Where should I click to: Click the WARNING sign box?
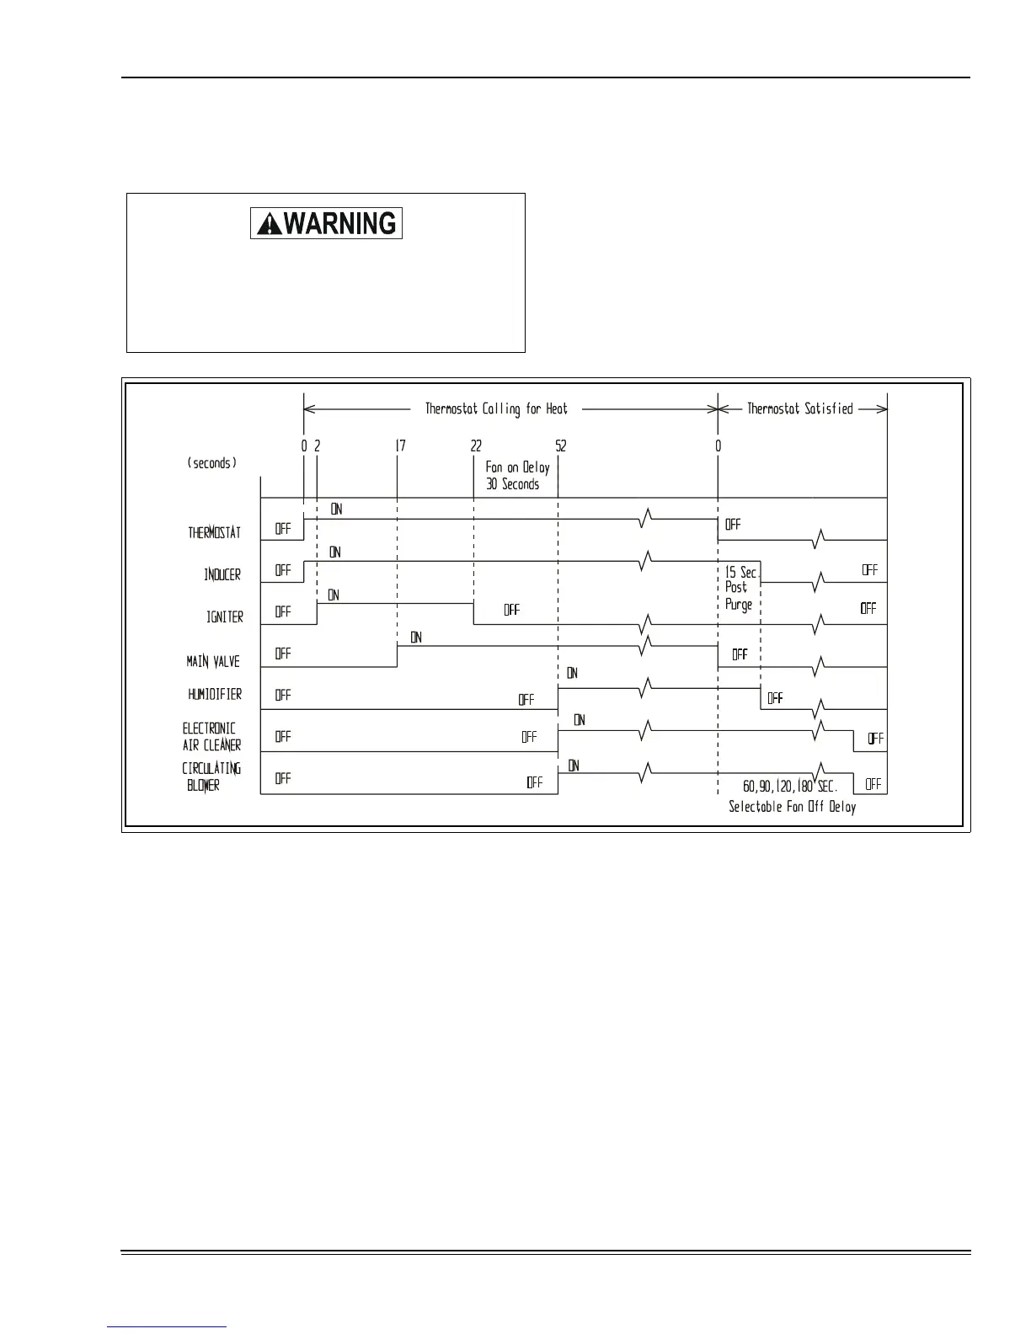[326, 223]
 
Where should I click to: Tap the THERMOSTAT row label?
[214, 532]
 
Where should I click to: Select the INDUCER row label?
[222, 574]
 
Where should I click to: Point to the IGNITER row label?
[225, 616]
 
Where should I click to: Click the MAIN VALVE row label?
[213, 661]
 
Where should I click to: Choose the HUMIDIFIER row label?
[215, 694]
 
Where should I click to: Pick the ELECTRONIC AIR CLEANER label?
[211, 736]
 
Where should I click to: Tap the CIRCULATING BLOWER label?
[211, 776]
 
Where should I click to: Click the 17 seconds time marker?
[400, 446]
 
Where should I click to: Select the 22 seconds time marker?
[477, 446]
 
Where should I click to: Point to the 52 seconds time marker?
[561, 446]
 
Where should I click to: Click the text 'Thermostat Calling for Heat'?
[496, 409]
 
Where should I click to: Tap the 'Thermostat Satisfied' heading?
[800, 409]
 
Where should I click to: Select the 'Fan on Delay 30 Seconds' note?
[516, 476]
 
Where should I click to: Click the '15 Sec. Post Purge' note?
[740, 588]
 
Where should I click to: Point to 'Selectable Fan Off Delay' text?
[792, 807]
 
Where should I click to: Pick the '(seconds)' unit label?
[212, 463]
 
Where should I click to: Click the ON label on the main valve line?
[416, 638]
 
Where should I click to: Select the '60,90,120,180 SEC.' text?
[789, 786]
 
